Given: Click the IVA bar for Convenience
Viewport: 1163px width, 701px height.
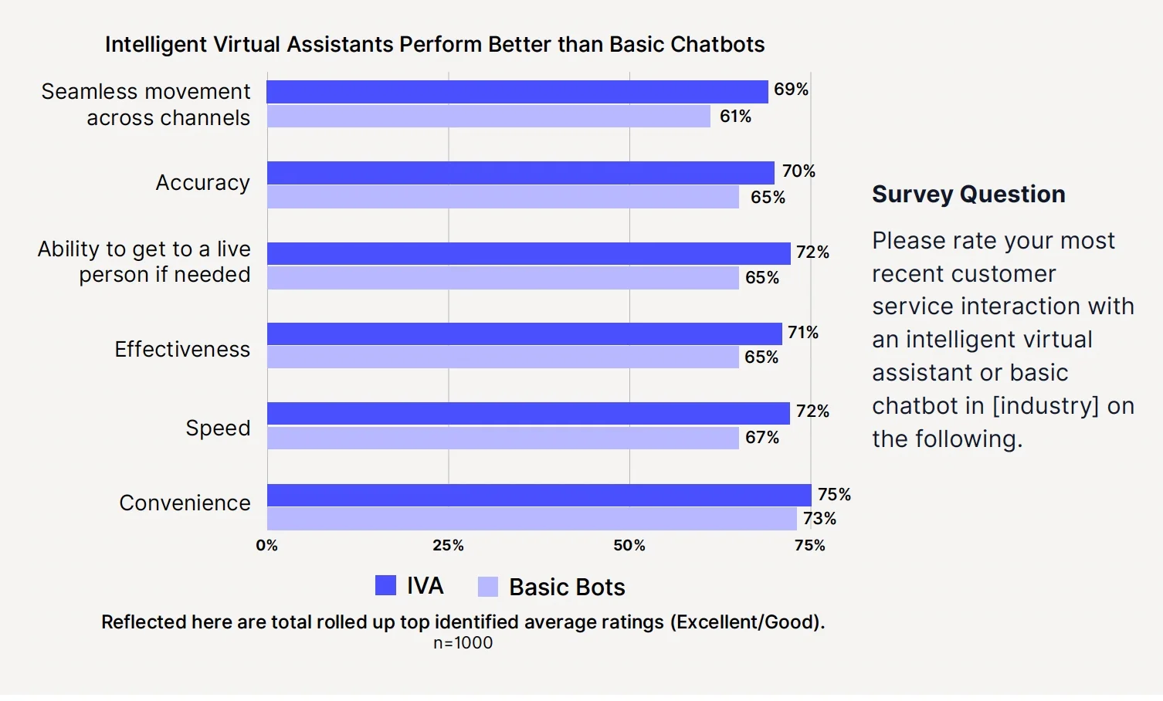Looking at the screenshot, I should pos(539,495).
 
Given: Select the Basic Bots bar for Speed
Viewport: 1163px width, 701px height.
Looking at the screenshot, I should pos(503,438).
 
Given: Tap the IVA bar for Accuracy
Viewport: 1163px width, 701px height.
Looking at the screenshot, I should pos(520,172).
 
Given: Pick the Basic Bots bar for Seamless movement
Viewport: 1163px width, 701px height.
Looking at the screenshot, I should pos(489,117).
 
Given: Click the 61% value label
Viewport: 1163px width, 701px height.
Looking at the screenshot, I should pos(735,117).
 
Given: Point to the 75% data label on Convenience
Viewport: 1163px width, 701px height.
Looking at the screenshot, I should pos(834,494).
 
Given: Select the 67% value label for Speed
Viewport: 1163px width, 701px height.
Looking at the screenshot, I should pos(762,438).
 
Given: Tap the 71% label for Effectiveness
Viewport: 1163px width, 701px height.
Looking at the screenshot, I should pos(803,333).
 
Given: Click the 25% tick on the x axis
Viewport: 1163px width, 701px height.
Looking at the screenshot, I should pos(448,546).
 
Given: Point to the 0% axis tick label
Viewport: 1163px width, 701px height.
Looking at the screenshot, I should pos(266,546).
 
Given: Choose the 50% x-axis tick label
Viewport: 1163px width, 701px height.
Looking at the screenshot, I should pos(629,546).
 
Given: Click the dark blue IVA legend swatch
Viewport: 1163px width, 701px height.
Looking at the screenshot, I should pos(385,586).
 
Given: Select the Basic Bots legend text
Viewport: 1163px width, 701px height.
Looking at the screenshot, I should pos(567,588).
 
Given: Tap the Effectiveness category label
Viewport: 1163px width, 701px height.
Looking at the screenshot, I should pos(182,350).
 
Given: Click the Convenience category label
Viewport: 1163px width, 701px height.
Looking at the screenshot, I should pos(185,503).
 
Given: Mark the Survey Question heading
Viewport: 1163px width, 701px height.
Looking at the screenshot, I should pos(968,195).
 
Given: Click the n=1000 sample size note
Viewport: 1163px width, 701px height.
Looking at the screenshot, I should pos(463,643).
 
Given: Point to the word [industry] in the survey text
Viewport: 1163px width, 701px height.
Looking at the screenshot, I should pos(1046,406).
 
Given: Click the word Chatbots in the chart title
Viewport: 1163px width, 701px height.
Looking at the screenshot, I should pos(717,45).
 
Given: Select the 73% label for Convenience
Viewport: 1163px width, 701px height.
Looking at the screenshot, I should pos(819,519).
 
